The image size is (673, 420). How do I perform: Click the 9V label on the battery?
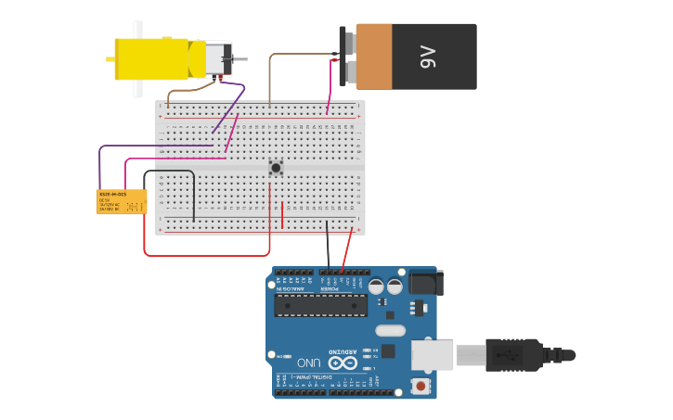[x=428, y=57]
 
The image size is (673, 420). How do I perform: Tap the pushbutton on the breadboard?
[x=276, y=168]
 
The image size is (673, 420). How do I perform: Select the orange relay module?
[x=122, y=201]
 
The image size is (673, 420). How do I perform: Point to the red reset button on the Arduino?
[x=422, y=385]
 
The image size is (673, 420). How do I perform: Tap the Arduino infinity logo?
[x=342, y=363]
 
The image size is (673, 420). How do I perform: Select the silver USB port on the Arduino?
[x=432, y=355]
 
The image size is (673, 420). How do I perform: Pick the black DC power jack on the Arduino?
[x=426, y=283]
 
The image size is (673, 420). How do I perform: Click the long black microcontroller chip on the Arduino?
[x=320, y=306]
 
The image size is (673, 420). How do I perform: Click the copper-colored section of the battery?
[x=373, y=57]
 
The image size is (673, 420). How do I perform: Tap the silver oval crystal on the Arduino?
[x=391, y=330]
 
